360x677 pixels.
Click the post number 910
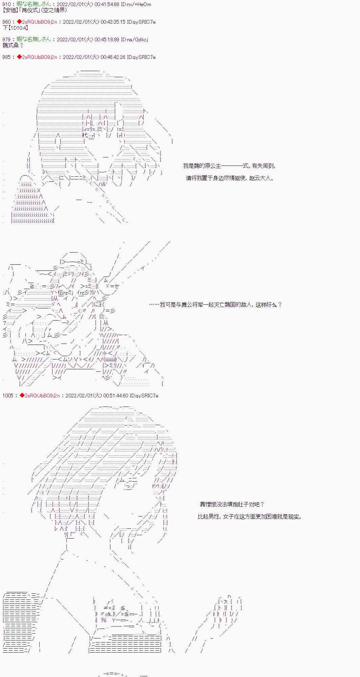[x=6, y=4]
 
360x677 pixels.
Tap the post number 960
[x=6, y=22]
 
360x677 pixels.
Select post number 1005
[x=8, y=395]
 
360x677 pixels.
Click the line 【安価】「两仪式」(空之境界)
[x=35, y=10]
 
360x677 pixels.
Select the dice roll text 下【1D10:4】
[x=15, y=28]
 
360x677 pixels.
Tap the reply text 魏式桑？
[x=13, y=45]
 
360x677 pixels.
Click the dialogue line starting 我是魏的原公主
[x=229, y=166]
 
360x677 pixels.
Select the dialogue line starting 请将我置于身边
[x=230, y=178]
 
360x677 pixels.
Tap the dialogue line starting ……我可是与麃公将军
[x=215, y=305]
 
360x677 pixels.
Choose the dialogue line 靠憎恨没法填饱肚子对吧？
[x=232, y=504]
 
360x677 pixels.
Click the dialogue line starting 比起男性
[x=250, y=517]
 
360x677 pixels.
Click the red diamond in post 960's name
[x=19, y=22]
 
